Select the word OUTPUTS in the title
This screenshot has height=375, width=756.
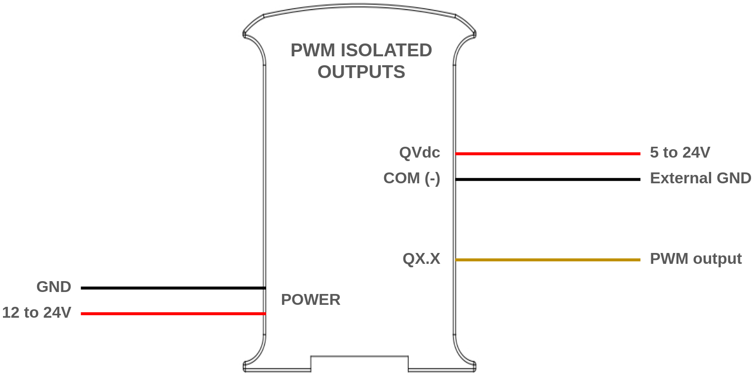[x=361, y=72]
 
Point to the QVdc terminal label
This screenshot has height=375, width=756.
[x=419, y=153]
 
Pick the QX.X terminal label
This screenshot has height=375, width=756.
[x=421, y=259]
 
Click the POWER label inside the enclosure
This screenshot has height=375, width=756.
[x=311, y=300]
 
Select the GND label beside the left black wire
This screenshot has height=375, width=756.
[x=53, y=287]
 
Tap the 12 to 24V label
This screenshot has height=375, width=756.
[x=37, y=313]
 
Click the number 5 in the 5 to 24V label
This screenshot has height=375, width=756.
[x=654, y=153]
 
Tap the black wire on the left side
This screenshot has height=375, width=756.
[x=173, y=288]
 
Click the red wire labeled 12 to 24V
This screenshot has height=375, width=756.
[x=173, y=314]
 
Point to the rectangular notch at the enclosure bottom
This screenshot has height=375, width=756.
[x=359, y=363]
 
